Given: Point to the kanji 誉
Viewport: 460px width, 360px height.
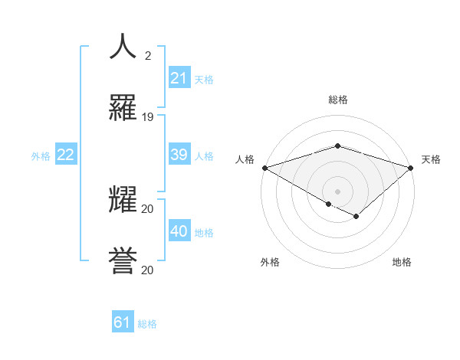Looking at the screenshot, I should tap(123, 260).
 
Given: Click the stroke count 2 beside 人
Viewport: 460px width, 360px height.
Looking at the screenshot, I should tap(148, 56).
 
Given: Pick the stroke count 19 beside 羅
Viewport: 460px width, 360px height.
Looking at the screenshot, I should tap(148, 117).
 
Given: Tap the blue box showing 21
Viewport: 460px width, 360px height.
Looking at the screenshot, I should tap(179, 78).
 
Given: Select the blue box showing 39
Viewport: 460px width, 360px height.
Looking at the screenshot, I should tap(179, 155).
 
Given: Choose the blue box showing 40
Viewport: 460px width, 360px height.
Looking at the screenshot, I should tap(179, 231).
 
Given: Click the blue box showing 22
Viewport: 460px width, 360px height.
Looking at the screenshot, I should tap(65, 155).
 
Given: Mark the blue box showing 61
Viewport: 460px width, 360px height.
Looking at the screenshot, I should tap(123, 322).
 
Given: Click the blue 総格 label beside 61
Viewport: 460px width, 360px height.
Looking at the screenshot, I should tap(147, 324).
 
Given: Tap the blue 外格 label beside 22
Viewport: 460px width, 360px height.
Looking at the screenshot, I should tap(41, 156).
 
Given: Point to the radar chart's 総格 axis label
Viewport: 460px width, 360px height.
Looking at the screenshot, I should tap(338, 100).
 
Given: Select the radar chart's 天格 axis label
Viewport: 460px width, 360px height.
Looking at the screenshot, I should tap(431, 159).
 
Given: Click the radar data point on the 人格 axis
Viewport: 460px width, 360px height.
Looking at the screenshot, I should tap(264, 168).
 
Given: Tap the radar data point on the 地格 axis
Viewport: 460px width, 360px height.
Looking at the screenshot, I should tap(356, 217).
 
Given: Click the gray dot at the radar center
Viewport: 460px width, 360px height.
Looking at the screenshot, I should tap(338, 191).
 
